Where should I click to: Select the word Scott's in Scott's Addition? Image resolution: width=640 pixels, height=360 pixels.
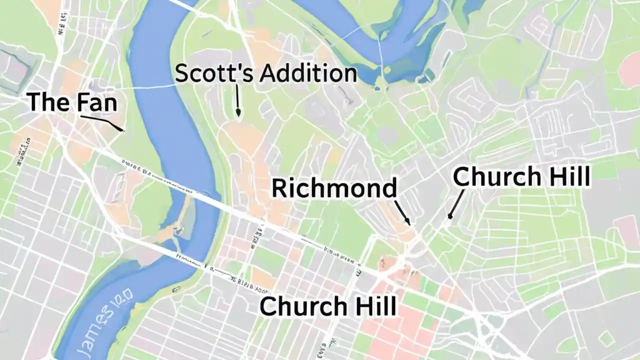click(x=209, y=74)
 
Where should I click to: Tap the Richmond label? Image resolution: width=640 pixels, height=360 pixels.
click(x=334, y=188)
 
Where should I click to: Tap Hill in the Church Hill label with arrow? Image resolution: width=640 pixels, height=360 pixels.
click(x=568, y=177)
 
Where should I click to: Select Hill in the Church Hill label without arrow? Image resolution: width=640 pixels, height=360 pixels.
click(x=375, y=306)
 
